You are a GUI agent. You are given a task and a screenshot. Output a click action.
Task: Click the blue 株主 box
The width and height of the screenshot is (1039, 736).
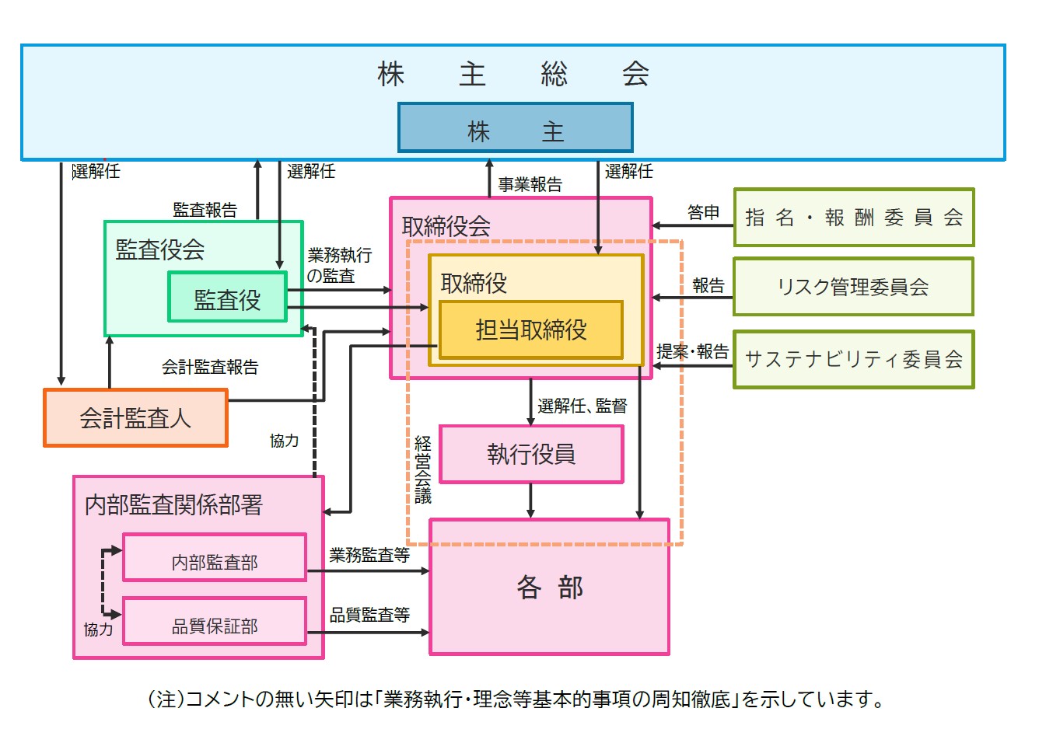coord(515,128)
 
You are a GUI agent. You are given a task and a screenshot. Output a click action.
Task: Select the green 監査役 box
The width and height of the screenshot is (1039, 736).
coord(227,297)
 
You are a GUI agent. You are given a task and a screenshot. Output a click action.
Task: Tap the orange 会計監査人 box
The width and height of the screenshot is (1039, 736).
coord(135,418)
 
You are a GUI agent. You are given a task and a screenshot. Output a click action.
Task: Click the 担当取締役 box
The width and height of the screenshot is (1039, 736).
coord(531,330)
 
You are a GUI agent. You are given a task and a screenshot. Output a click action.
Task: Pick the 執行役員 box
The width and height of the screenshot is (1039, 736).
coord(531,454)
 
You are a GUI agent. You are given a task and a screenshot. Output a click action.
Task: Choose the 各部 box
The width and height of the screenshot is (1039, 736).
coord(549,587)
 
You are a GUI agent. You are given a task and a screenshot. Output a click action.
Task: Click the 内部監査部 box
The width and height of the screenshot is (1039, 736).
coord(215,558)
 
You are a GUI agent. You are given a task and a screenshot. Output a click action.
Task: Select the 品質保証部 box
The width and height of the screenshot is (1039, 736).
coord(215,622)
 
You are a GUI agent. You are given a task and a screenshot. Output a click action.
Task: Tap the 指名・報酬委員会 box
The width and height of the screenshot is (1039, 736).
coord(853,218)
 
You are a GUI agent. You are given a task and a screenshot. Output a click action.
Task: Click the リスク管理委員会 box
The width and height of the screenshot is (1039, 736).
coord(853,287)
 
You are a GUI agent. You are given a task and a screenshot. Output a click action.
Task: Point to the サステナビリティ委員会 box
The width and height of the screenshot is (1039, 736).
coord(853,359)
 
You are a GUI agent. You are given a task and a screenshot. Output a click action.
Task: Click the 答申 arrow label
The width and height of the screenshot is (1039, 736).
coord(703,212)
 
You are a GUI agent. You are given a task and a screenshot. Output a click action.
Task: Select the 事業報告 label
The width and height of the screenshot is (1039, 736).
coord(530,185)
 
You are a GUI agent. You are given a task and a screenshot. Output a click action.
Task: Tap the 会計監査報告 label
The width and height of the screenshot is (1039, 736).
coord(209,367)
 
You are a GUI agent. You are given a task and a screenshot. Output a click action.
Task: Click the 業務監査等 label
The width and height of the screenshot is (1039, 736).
coord(369,555)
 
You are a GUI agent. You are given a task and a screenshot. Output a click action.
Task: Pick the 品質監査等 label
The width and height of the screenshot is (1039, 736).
coord(369,615)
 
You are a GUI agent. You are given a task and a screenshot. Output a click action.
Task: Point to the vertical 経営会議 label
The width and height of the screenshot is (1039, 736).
coord(422,470)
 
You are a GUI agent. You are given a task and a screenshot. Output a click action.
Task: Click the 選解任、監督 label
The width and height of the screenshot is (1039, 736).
coord(582,406)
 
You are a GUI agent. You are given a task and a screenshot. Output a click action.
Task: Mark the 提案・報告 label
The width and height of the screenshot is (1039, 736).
coord(692,351)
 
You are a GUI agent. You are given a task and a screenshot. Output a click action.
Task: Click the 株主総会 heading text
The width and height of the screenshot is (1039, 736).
coord(513,75)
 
